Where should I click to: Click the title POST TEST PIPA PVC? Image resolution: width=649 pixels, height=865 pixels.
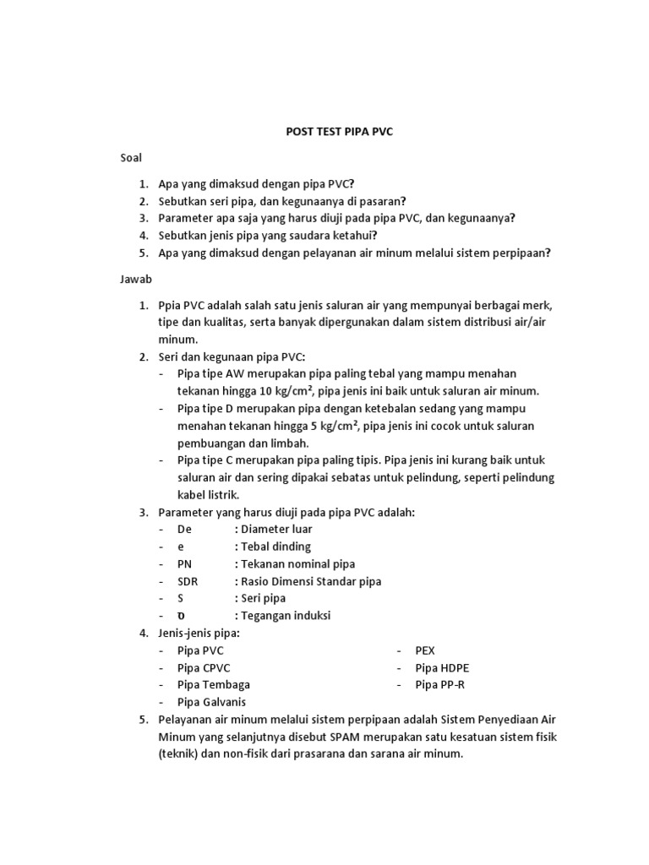coord(340,132)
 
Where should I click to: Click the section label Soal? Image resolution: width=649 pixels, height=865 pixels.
coord(130,158)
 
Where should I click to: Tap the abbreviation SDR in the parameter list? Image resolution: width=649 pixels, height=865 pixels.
coord(188,581)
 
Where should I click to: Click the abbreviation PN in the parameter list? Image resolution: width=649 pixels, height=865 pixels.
coord(185,563)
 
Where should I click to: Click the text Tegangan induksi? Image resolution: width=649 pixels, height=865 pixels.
coord(285,616)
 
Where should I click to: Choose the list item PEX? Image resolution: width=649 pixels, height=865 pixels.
coord(424,650)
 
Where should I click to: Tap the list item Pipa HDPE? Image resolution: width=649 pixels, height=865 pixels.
coord(441,667)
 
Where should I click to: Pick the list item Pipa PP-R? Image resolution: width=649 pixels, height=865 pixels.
coord(439,685)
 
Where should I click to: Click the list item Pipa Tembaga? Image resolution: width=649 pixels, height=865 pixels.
coord(213,685)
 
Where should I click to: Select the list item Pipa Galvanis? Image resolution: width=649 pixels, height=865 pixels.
coord(213,702)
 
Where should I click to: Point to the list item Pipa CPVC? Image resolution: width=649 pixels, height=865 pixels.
coord(204,667)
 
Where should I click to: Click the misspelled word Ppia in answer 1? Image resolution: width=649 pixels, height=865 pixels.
coord(171,304)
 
